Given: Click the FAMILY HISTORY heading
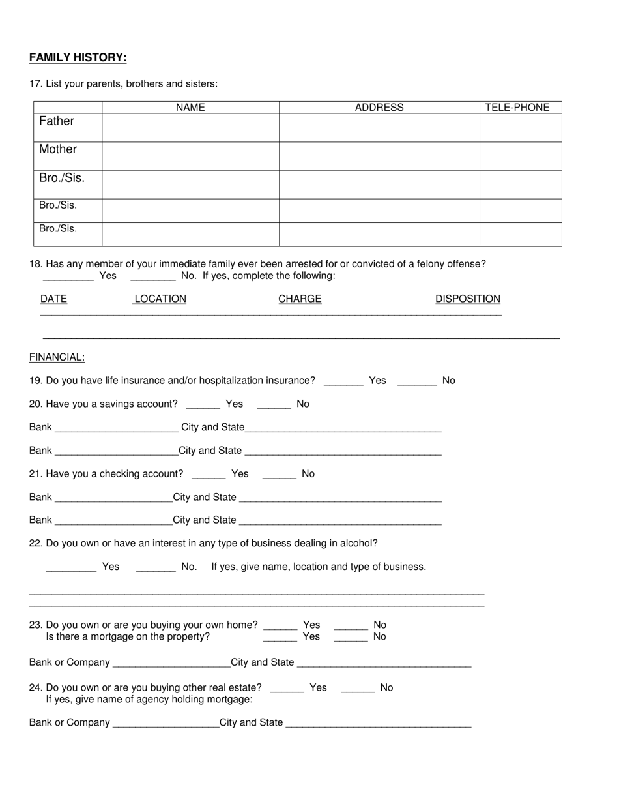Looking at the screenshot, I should coord(78,58).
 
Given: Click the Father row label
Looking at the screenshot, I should coord(57,121).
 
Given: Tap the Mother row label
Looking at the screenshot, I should coord(58,149).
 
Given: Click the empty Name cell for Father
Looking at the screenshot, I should coord(190,128).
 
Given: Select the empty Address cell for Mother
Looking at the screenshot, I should coord(379,156).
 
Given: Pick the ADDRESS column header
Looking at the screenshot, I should coord(379,108).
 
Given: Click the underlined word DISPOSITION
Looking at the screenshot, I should coord(468,299).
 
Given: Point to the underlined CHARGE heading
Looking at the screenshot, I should coord(300,299).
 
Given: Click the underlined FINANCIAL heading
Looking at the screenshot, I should coord(57,357).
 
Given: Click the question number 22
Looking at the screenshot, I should coord(35,543).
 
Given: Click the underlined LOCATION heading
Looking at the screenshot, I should coord(160,299).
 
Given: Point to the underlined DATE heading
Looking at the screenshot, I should coord(53,299).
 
